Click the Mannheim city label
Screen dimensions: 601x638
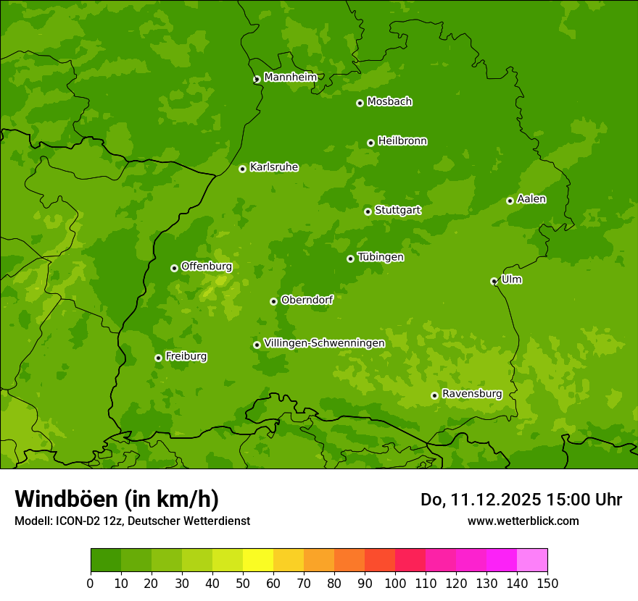coord(290,77)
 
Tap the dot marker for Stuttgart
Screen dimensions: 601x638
coord(368,211)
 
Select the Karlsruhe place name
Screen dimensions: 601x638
coord(273,167)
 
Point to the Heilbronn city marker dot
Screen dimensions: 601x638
coord(370,143)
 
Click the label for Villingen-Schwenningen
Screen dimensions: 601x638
coord(324,343)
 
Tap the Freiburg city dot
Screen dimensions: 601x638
coord(158,358)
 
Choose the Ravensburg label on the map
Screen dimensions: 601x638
coord(471,394)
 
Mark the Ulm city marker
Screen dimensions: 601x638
coord(494,281)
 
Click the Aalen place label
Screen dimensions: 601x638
coord(531,199)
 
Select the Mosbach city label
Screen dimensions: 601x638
coord(389,102)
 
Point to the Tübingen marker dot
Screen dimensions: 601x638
coord(350,259)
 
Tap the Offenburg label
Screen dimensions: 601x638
coord(207,266)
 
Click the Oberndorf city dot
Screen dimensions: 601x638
coord(273,301)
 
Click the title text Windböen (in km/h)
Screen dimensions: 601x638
coord(117,499)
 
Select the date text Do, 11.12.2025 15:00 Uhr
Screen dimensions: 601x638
coord(521,500)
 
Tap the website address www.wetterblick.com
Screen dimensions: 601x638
coord(523,521)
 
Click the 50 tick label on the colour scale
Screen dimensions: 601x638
coord(243,583)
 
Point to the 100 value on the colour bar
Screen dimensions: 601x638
coord(395,583)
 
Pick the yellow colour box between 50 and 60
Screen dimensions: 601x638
coord(258,560)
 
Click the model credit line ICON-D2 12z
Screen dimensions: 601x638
coord(132,521)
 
